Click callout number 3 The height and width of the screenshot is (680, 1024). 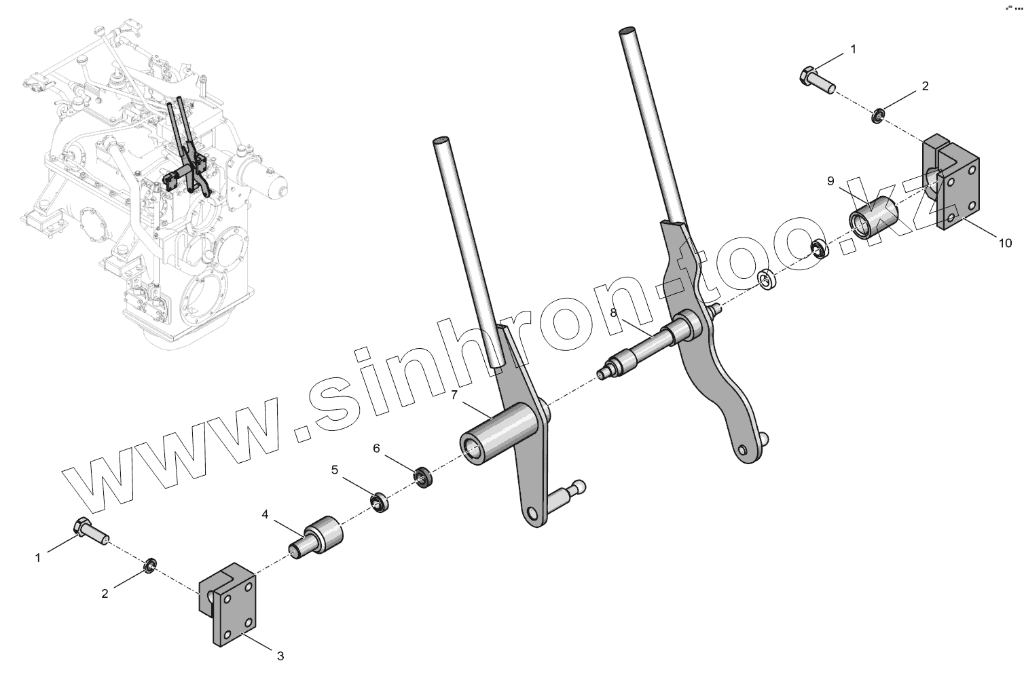280,656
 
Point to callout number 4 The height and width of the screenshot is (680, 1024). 266,514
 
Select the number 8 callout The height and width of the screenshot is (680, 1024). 613,313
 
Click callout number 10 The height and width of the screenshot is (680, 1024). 1004,242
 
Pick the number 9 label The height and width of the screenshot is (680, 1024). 830,181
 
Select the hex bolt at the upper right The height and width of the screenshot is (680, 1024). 818,79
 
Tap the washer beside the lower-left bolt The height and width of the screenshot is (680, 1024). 150,565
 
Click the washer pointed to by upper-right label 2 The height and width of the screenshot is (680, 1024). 877,116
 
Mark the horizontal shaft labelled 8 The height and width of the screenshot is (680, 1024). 645,345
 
